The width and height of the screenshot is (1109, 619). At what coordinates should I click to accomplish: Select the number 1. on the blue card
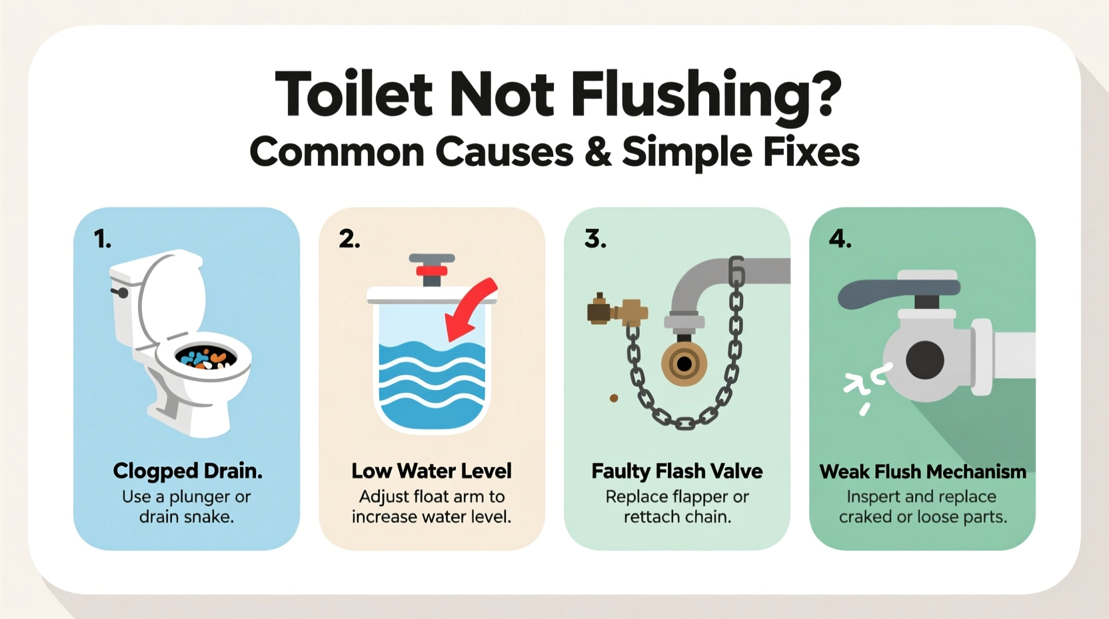click(102, 239)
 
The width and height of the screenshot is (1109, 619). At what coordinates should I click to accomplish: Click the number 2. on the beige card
click(349, 239)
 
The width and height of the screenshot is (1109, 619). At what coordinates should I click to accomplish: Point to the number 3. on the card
click(595, 239)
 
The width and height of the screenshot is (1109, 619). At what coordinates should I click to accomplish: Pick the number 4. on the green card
click(840, 239)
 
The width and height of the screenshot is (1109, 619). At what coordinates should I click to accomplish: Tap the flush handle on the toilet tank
click(121, 292)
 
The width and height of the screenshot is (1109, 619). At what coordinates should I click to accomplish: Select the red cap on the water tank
click(432, 269)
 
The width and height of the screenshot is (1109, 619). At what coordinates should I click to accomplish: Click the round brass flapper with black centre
click(684, 364)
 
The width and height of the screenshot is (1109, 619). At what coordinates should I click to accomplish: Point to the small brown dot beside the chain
click(614, 398)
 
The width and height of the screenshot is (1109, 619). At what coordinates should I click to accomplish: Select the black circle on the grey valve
click(925, 360)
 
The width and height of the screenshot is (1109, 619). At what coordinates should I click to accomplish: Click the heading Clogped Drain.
click(187, 471)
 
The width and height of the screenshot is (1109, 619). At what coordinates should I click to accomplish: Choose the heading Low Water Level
click(431, 471)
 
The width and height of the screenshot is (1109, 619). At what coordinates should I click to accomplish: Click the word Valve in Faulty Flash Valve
click(736, 471)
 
